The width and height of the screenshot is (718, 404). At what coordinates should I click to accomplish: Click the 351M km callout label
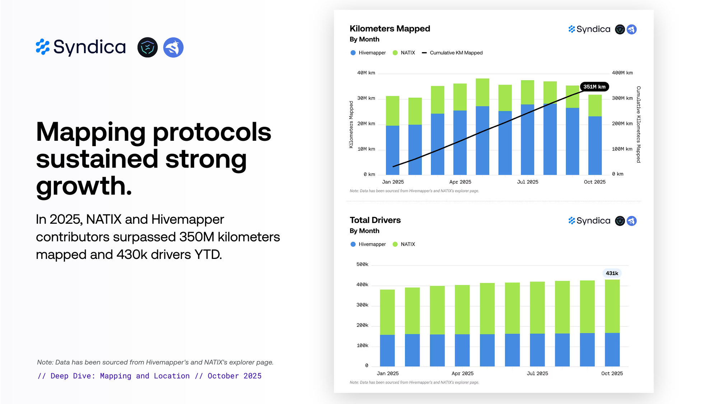click(594, 87)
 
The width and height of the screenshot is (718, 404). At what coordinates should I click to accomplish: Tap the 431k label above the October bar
click(612, 273)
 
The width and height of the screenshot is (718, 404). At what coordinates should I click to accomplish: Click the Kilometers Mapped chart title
click(390, 29)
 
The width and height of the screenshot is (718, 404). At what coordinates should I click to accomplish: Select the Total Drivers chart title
click(375, 220)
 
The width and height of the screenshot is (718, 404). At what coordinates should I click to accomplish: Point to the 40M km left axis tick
click(366, 73)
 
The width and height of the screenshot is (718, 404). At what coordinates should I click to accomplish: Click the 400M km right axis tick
click(622, 73)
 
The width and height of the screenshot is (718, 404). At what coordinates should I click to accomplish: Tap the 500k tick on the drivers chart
click(362, 264)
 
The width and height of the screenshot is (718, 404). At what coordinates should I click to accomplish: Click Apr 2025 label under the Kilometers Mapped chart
click(460, 182)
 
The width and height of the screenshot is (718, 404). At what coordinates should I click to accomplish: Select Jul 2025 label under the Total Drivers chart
click(537, 373)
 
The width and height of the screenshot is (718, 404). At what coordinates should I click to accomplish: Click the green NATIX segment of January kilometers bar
click(392, 111)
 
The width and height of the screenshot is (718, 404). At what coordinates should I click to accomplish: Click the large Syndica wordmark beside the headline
click(89, 47)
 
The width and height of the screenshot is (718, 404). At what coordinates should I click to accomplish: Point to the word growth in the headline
click(84, 186)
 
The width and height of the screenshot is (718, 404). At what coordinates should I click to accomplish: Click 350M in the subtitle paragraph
click(197, 237)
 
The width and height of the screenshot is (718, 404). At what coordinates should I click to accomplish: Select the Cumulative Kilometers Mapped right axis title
click(638, 124)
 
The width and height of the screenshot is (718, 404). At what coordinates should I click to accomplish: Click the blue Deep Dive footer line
click(149, 376)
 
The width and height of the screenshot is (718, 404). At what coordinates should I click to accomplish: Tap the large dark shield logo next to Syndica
click(148, 47)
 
